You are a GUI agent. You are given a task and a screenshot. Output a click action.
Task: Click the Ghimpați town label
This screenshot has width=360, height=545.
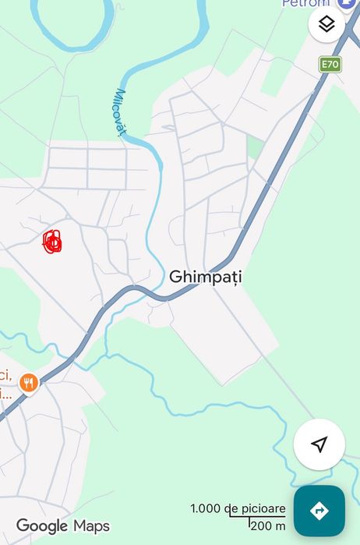(206, 277)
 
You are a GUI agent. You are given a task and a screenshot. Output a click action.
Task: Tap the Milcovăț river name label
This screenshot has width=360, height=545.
(121, 112)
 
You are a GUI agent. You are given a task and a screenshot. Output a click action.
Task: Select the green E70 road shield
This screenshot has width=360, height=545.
(330, 64)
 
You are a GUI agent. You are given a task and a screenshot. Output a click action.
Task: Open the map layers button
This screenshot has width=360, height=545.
(326, 24)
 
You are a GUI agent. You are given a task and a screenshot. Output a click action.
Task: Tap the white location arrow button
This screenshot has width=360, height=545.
(319, 444)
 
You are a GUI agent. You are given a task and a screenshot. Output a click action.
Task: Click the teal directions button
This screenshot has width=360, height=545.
(319, 511)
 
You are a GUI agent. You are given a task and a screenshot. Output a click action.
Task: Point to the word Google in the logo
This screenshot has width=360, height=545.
(42, 526)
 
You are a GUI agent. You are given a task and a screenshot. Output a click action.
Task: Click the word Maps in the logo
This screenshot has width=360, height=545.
(91, 526)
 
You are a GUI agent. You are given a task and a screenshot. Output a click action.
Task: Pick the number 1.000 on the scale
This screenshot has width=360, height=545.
(206, 509)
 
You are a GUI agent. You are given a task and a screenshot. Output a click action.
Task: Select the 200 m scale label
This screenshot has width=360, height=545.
(267, 526)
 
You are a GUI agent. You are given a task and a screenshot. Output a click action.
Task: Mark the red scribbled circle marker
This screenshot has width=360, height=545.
(52, 242)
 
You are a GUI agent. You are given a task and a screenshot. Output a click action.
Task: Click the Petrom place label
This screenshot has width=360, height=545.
(305, 4)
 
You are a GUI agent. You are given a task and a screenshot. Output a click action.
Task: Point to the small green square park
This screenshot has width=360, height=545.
(255, 146)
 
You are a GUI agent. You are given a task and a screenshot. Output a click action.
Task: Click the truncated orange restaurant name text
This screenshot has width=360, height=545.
(6, 382)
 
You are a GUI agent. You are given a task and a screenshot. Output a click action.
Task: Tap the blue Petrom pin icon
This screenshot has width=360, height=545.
(347, 4)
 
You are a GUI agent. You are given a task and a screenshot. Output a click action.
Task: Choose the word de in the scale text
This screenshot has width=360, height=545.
(231, 509)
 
